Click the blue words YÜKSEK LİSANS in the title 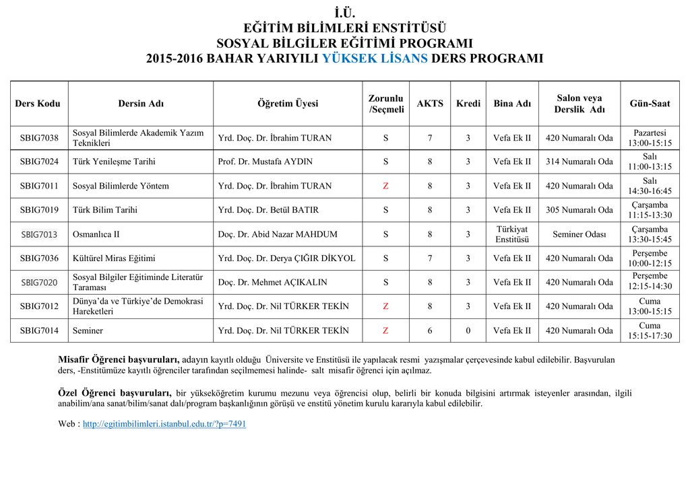pyautogui.click(x=375, y=58)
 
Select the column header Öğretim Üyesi pyautogui.click(x=288, y=104)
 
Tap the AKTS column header pyautogui.click(x=430, y=104)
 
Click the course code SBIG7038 pyautogui.click(x=39, y=138)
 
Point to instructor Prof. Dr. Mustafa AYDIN pyautogui.click(x=265, y=162)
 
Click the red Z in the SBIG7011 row pyautogui.click(x=385, y=186)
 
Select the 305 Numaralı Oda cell pyautogui.click(x=579, y=210)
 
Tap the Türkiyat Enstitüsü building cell pyautogui.click(x=512, y=234)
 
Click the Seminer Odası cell pyautogui.click(x=579, y=234)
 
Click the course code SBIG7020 pyautogui.click(x=39, y=283)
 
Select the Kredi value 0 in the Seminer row pyautogui.click(x=468, y=330)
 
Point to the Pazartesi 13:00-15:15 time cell pyautogui.click(x=650, y=138)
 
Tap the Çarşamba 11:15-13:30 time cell pyautogui.click(x=650, y=210)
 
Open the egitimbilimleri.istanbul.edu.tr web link pyautogui.click(x=164, y=424)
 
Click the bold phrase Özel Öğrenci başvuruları pyautogui.click(x=115, y=393)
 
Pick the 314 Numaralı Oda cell pyautogui.click(x=579, y=162)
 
